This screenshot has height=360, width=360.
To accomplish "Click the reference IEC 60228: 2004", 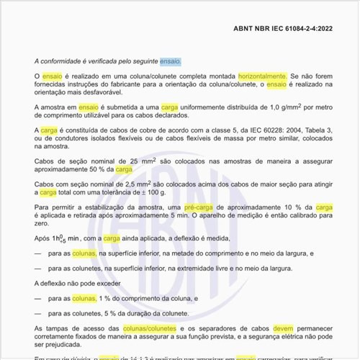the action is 265,130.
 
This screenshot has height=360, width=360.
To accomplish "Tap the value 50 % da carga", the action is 110,170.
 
